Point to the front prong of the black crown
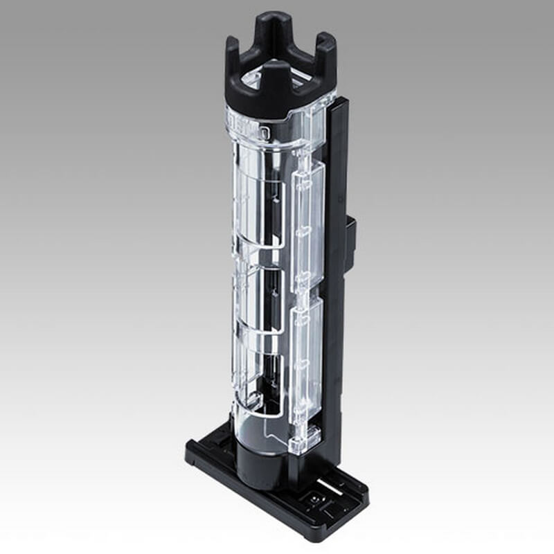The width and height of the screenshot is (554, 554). [x=276, y=83]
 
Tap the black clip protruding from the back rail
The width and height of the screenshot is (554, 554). [x=350, y=242]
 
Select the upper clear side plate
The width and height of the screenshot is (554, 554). [x=308, y=222]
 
